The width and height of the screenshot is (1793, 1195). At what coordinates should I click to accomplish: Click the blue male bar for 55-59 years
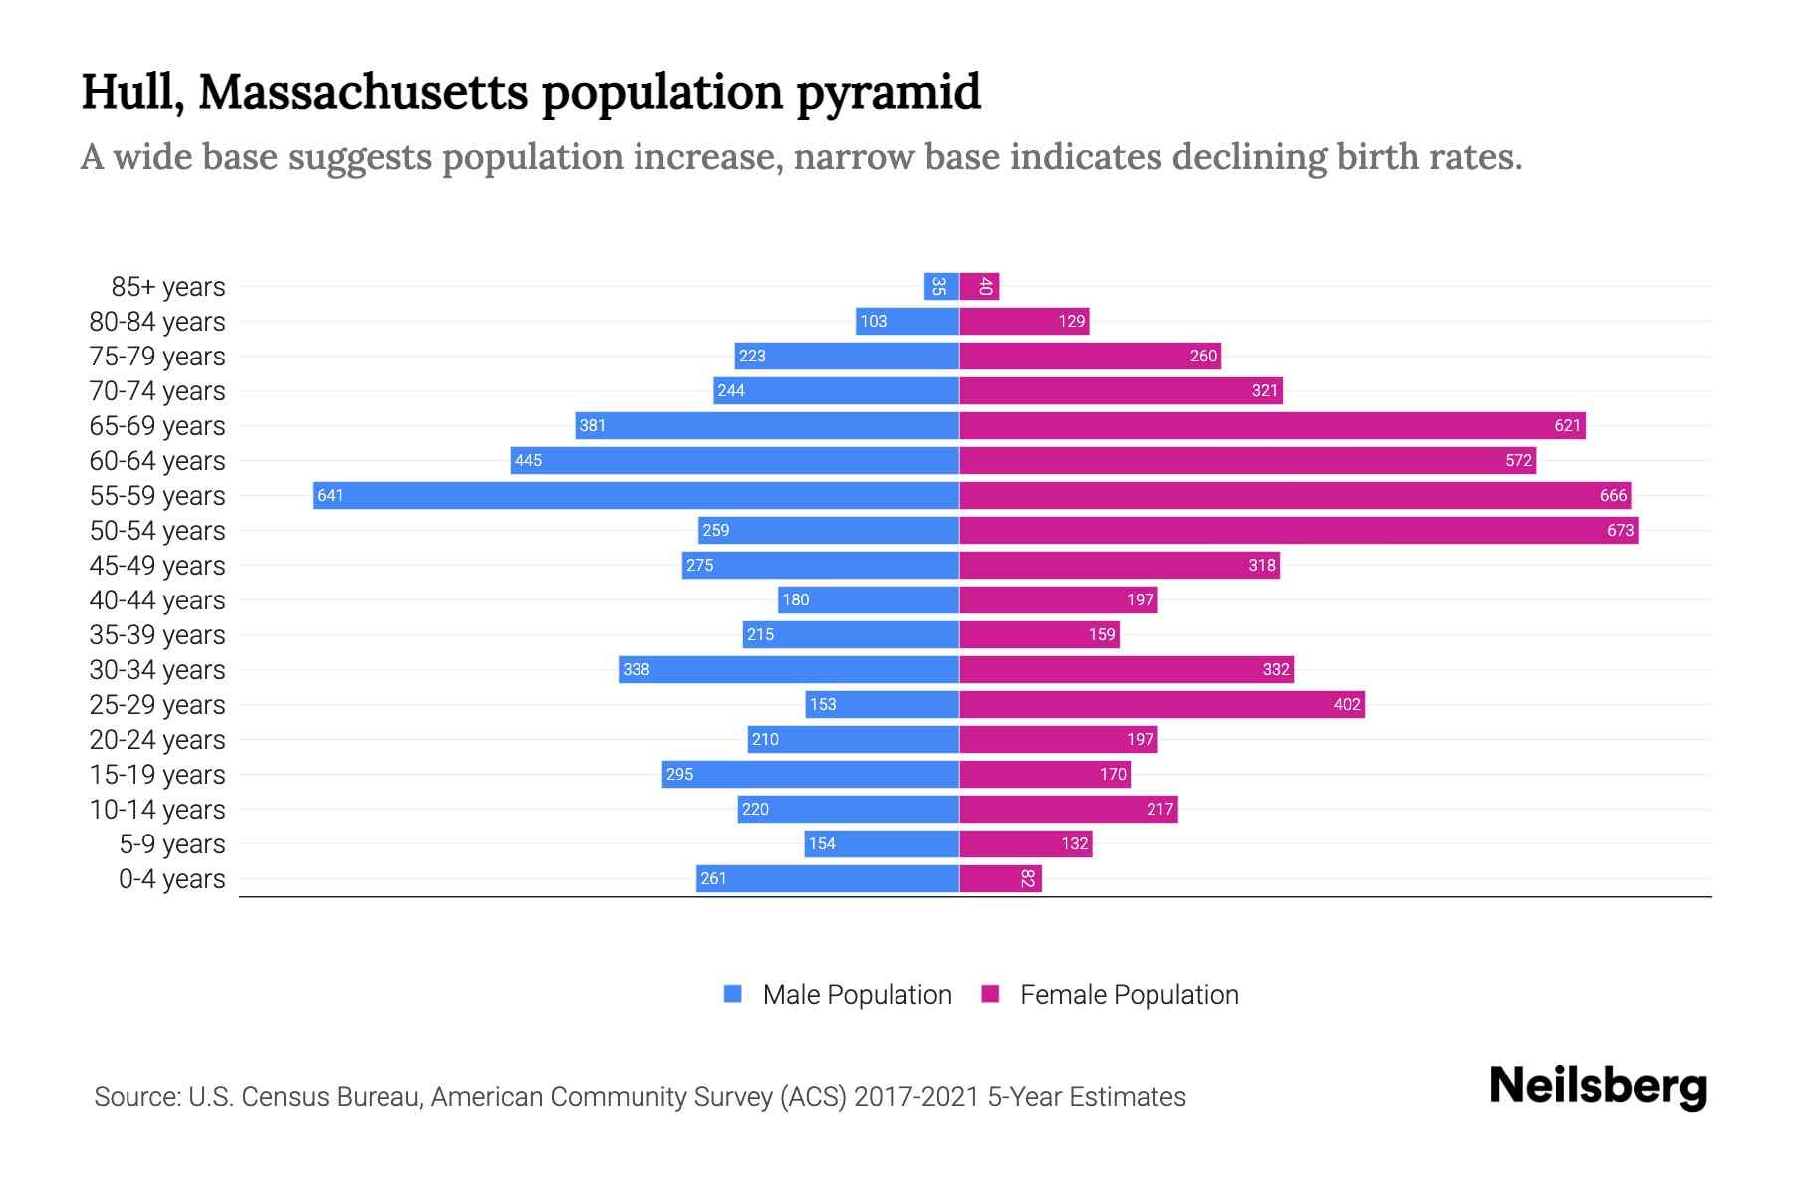(636, 495)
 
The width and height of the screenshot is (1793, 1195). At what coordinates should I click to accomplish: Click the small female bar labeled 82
(1000, 878)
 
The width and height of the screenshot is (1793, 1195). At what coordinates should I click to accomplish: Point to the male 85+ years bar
(941, 286)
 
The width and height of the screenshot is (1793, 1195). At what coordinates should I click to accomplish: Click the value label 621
(1567, 425)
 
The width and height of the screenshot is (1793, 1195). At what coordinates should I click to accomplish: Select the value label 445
(529, 460)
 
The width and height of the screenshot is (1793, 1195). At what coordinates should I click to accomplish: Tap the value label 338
(637, 669)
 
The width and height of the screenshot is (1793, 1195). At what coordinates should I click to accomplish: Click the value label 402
(1347, 704)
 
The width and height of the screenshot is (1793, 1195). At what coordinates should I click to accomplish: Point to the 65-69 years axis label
(157, 425)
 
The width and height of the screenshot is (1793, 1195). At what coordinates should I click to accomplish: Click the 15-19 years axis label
(157, 774)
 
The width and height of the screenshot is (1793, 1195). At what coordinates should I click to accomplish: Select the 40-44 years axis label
(157, 599)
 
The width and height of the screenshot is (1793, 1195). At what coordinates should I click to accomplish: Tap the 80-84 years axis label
(157, 321)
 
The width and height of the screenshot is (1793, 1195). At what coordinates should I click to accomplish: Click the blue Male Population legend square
(733, 994)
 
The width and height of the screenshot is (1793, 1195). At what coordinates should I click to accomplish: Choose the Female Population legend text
(1129, 994)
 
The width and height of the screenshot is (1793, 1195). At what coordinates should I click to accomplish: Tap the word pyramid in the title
(889, 92)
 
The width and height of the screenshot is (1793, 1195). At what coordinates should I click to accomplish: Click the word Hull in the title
(131, 92)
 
